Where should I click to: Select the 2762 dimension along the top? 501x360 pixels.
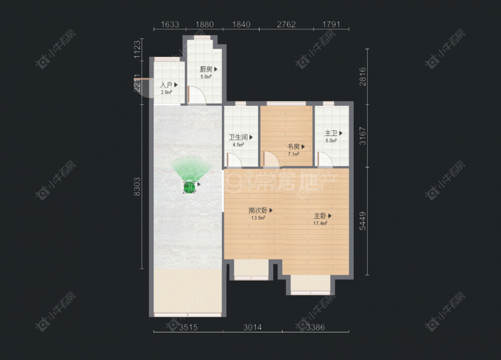click(x=286, y=24)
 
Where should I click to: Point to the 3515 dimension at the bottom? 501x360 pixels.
click(x=188, y=327)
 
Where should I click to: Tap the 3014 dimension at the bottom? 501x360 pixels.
click(x=253, y=327)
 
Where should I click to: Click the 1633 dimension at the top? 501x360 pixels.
click(x=169, y=24)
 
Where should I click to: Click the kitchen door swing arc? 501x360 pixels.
click(x=196, y=95)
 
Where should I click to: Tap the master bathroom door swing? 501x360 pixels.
click(x=325, y=160)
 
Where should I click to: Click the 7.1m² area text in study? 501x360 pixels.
click(x=293, y=154)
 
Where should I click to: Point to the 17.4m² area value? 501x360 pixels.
click(x=321, y=223)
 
